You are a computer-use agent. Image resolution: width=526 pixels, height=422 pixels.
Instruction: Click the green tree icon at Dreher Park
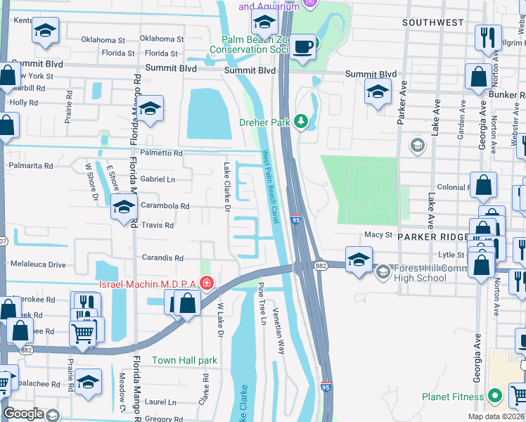click(302, 122)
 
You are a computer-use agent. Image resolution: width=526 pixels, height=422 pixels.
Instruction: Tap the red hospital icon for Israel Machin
click(207, 283)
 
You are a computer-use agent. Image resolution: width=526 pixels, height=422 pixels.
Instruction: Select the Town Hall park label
click(185, 360)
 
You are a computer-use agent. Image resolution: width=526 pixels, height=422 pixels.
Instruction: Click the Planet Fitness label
click(454, 397)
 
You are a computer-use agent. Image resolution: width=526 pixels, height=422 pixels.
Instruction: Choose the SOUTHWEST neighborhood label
click(433, 23)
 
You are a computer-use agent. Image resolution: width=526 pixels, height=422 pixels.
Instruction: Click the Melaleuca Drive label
click(38, 264)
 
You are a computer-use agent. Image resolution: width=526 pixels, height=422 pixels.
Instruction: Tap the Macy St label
click(378, 235)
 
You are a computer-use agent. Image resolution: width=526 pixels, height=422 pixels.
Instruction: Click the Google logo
click(23, 414)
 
